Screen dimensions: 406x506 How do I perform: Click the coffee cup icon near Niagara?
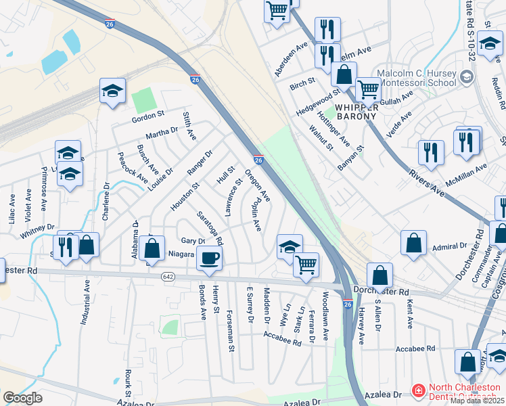click(x=210, y=257)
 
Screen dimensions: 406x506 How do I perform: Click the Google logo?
click(x=22, y=399)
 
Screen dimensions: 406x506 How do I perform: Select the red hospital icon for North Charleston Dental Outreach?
click(x=418, y=391)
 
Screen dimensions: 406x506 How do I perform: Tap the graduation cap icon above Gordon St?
click(x=113, y=92)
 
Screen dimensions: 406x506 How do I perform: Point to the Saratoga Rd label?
click(x=210, y=227)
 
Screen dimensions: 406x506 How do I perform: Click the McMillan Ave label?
click(x=467, y=174)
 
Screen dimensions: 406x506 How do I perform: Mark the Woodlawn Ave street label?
click(x=326, y=315)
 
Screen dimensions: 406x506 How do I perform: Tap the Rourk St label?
click(x=127, y=382)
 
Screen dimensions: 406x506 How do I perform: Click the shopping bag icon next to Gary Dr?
click(x=154, y=248)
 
